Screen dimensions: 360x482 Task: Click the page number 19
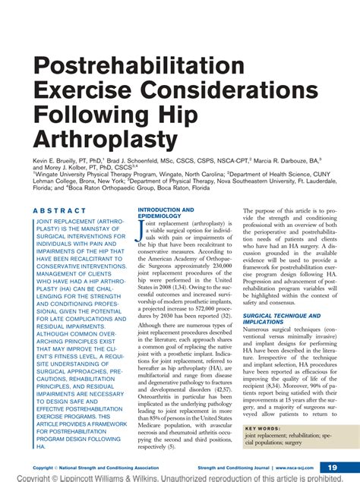click(332, 467)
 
